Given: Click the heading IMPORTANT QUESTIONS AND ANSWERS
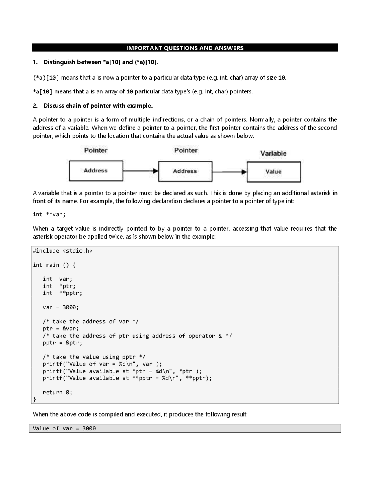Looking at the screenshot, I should click(185, 48).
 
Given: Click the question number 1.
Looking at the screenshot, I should click(35, 62).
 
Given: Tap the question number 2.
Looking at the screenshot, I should click(35, 106).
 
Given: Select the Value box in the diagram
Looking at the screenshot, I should click(273, 172).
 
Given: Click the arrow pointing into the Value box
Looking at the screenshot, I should click(230, 172).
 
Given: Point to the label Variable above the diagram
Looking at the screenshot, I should click(273, 153).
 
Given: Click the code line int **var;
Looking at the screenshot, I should click(49, 214).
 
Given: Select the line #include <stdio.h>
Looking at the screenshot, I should click(62, 251).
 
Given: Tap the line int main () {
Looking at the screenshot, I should click(54, 265).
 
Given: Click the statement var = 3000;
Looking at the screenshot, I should click(61, 307).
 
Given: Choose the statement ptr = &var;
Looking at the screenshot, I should click(61, 329).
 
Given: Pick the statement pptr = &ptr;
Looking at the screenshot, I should click(62, 343).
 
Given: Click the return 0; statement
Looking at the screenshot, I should click(57, 393).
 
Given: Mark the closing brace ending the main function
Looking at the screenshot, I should click(34, 399).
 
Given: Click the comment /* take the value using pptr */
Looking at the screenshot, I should click(94, 357).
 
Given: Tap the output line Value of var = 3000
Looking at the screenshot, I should click(64, 428).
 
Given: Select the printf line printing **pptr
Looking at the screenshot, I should click(127, 378).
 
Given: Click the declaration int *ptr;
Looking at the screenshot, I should click(59, 286).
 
